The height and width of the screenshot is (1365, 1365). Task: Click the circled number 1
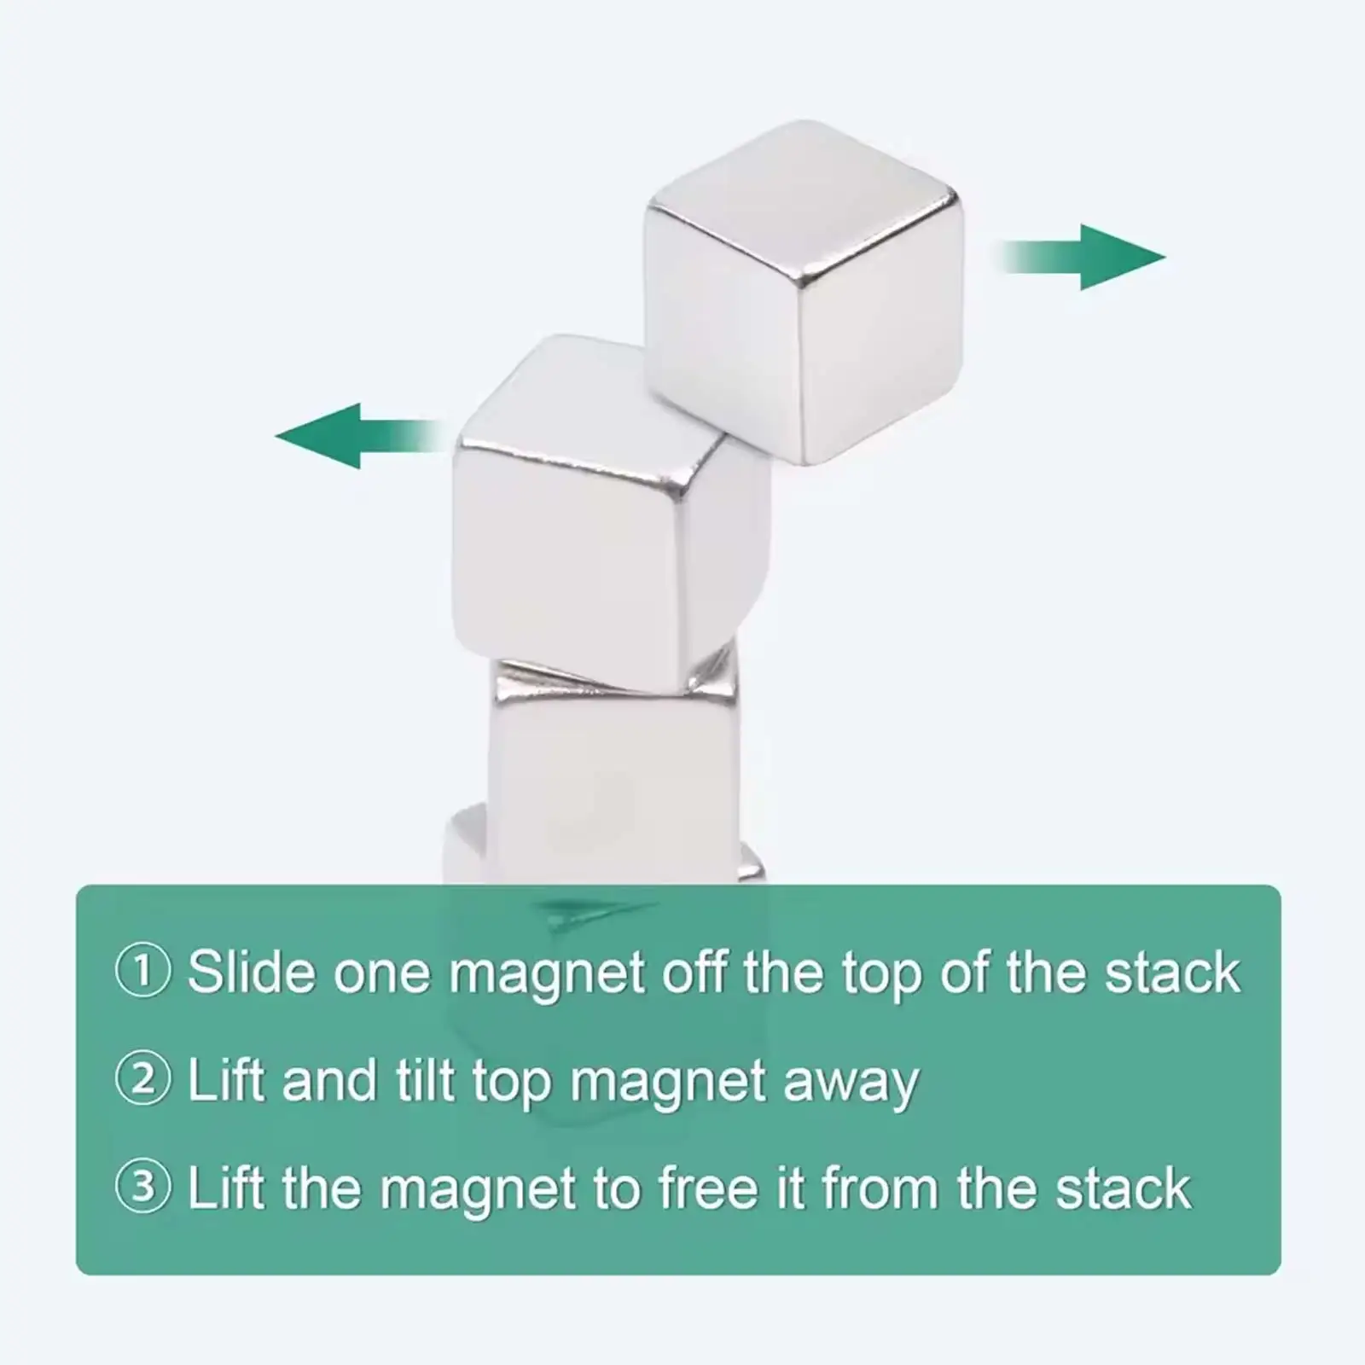142,972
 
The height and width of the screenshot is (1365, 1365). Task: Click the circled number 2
142,1080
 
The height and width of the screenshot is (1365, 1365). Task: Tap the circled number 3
142,1188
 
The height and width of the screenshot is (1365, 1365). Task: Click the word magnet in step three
478,1189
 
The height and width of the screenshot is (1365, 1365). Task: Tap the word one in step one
381,973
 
